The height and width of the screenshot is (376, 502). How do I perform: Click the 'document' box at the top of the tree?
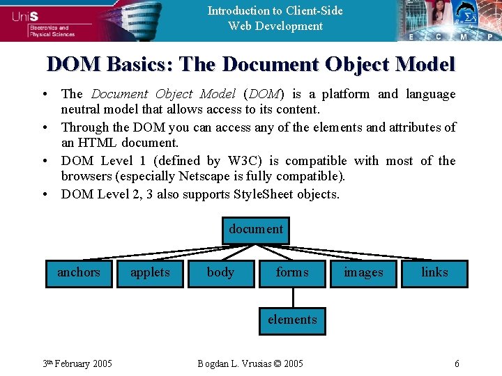coord(256,230)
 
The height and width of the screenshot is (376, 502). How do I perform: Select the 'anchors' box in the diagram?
coord(78,273)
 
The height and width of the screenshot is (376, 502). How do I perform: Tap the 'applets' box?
coord(150,273)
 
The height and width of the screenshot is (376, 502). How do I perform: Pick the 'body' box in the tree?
coord(221,273)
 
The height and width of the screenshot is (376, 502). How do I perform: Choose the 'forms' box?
coord(292,273)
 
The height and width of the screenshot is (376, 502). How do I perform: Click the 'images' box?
coord(363,273)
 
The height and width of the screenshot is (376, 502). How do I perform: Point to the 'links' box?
coord(434,273)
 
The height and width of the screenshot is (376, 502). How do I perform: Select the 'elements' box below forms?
coord(292,320)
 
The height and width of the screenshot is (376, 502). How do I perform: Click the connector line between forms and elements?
coord(293,297)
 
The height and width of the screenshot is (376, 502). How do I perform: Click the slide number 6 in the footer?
coord(457,364)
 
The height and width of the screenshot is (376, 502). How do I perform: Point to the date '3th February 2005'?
coord(77,364)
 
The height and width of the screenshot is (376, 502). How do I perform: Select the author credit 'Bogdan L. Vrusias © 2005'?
coord(250,364)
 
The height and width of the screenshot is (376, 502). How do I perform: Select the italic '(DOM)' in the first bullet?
coord(264,94)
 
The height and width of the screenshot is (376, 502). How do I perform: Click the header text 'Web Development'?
coord(275,26)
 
